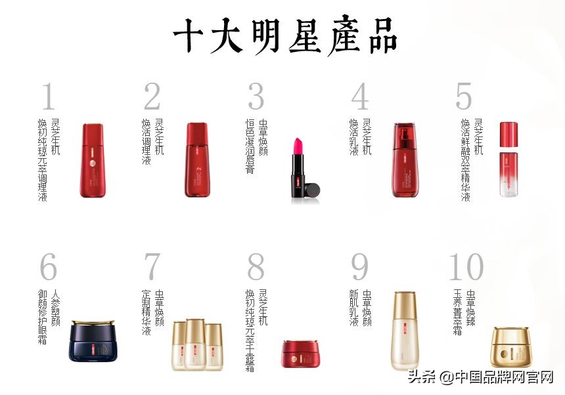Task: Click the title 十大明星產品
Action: point(285,35)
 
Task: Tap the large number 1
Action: point(48,97)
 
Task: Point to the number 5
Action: point(464,97)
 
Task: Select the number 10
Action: point(466,267)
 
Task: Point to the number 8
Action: point(256,267)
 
